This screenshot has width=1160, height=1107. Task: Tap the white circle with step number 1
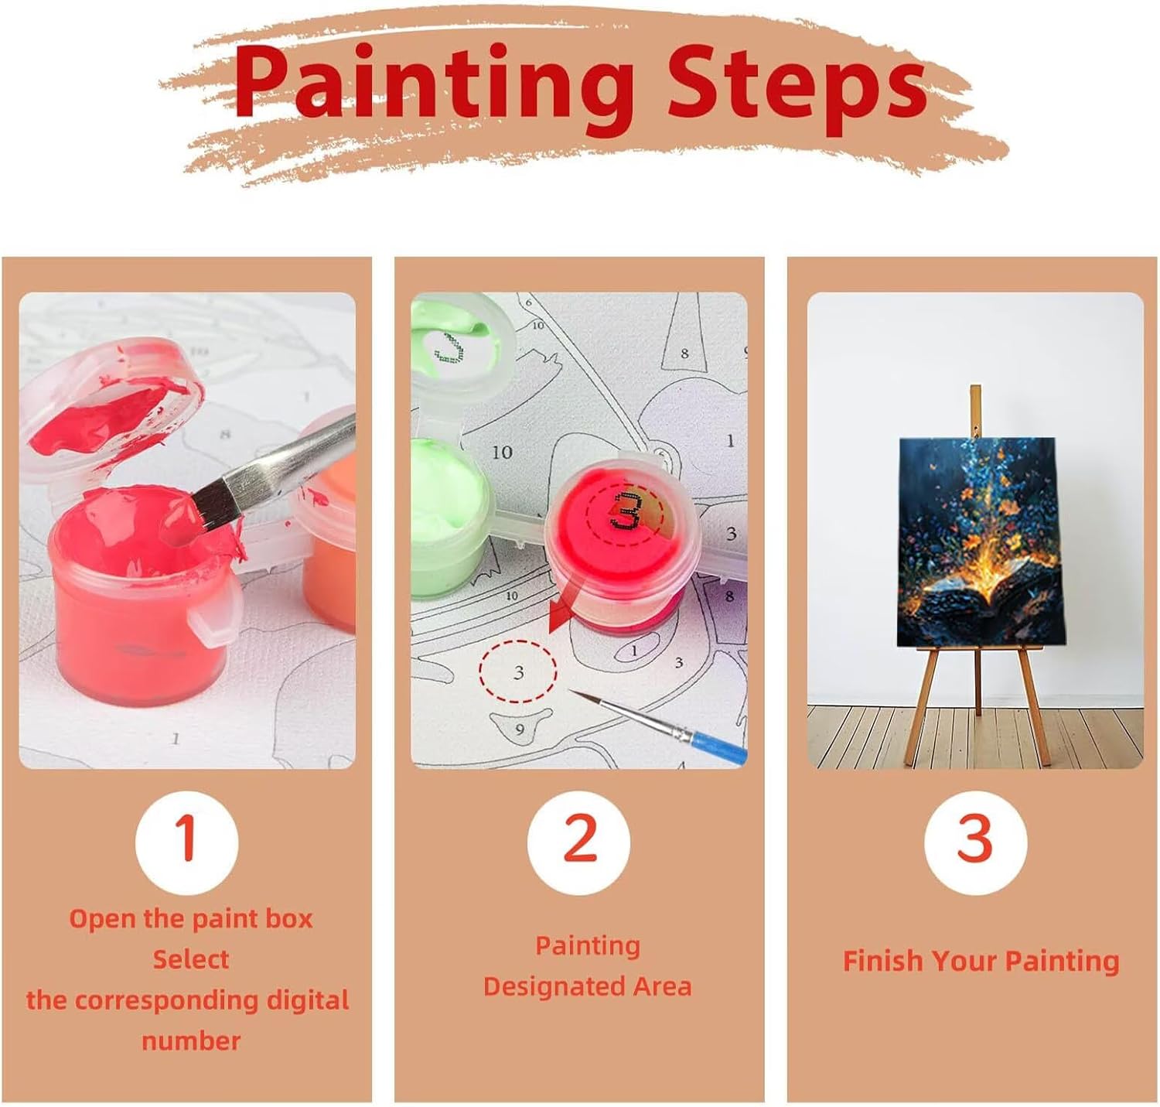point(186,843)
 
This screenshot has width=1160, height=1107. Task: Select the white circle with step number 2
point(578,843)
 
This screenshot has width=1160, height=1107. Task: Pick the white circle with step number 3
point(974,843)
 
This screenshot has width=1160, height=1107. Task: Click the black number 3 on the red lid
point(626,511)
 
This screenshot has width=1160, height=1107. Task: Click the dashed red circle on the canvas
point(517,672)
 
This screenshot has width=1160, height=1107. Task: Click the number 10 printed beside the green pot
point(502,453)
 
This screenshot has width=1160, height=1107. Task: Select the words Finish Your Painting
point(981,961)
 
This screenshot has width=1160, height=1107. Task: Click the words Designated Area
point(587,986)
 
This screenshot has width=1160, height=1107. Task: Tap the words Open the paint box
point(190,919)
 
